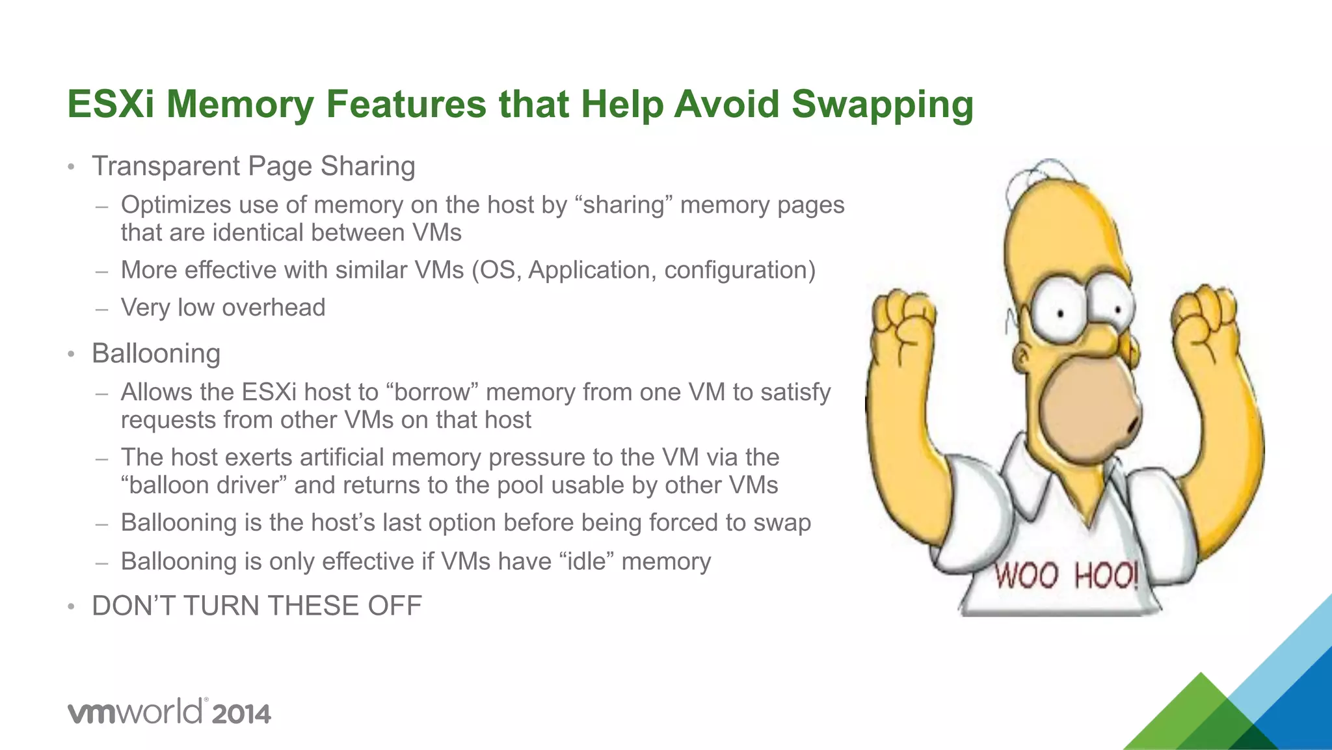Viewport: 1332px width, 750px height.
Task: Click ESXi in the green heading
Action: coord(111,104)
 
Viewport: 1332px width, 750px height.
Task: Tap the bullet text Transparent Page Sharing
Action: coord(253,166)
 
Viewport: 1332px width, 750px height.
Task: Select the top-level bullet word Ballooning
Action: coord(156,353)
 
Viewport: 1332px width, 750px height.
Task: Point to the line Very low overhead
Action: coord(222,307)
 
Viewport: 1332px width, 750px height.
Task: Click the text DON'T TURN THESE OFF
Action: coord(257,606)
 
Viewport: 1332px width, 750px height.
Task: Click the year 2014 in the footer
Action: coord(241,714)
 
